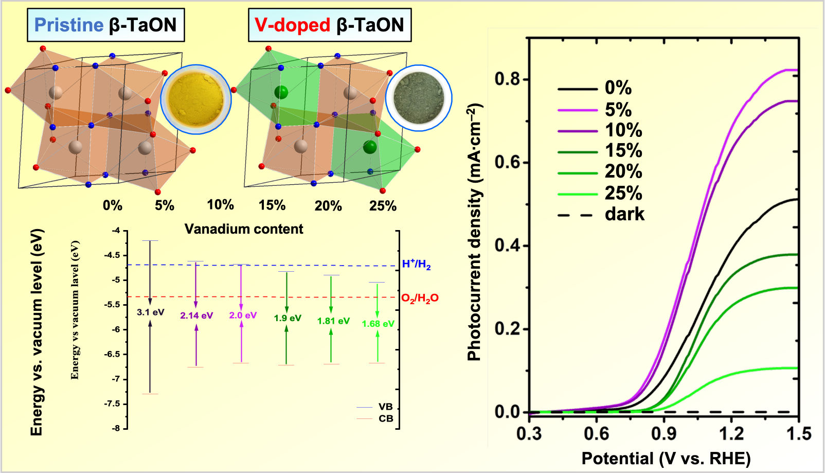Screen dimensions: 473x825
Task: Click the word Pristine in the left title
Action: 69,25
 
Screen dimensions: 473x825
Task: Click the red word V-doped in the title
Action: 292,25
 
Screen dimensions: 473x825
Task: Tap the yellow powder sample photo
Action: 196,99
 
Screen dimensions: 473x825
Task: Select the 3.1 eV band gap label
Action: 150,312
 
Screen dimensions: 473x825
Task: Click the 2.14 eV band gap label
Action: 196,316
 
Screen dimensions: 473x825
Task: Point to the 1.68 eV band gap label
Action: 378,324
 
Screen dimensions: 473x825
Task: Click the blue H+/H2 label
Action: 416,265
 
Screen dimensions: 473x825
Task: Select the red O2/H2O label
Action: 420,298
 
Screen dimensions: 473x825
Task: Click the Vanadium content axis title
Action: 244,229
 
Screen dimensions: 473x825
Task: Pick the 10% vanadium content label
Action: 220,205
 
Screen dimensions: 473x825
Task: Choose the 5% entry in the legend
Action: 618,110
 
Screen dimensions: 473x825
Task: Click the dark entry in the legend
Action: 624,214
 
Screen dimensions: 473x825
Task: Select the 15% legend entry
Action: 623,151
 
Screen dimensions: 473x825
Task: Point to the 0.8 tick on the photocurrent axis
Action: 507,79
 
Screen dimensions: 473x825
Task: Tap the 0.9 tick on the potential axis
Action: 664,434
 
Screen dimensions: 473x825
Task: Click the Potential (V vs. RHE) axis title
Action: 666,458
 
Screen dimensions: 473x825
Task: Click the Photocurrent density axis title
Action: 475,232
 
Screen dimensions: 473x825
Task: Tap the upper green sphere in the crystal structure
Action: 281,92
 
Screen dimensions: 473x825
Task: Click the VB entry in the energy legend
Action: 385,407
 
